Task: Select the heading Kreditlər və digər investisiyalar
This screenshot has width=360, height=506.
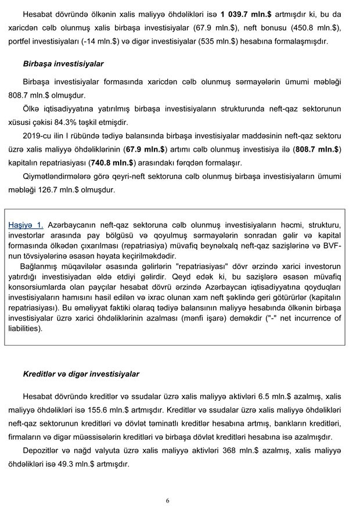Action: [x=81, y=374]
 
